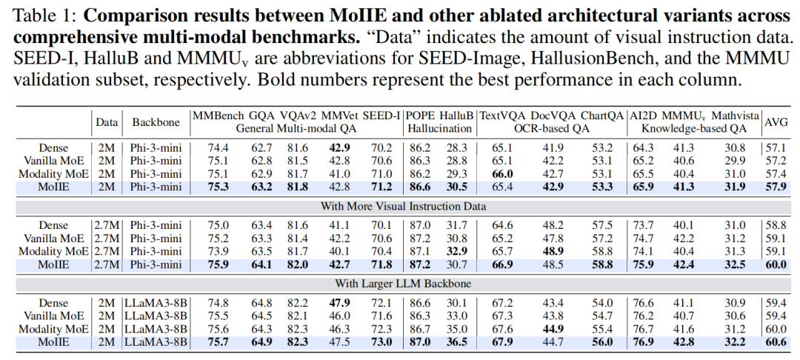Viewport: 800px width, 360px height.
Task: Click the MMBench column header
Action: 216,116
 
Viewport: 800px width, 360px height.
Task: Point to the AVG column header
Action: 776,121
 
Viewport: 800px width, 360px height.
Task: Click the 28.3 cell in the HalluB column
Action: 458,147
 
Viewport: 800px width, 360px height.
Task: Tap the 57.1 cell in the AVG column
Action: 776,147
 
